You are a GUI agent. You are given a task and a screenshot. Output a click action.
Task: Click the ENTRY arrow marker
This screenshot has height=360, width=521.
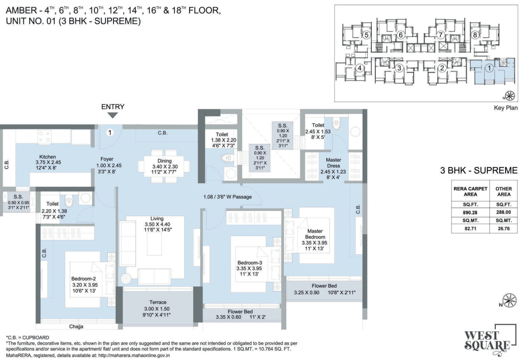click(x=113, y=115)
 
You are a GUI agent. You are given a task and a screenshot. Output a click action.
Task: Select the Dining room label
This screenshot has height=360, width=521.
click(x=164, y=161)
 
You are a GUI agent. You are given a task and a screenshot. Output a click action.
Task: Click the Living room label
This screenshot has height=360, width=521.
click(x=157, y=218)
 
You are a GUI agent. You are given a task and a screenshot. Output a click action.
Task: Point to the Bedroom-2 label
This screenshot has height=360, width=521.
click(x=84, y=279)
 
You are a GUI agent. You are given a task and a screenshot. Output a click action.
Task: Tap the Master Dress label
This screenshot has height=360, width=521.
click(x=334, y=160)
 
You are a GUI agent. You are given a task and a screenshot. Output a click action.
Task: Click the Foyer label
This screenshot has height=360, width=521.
click(x=106, y=159)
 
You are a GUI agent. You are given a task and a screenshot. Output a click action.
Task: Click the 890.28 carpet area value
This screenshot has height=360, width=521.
click(x=471, y=212)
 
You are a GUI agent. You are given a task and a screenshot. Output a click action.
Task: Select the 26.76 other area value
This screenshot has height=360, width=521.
click(x=504, y=229)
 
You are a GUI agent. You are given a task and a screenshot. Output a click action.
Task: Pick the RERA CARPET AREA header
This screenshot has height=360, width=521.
click(x=471, y=191)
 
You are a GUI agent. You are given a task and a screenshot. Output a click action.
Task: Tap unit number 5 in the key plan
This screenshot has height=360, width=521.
click(x=366, y=34)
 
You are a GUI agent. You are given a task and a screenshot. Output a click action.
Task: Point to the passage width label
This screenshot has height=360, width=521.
click(x=228, y=197)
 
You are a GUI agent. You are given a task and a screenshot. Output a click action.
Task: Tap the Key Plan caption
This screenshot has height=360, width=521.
click(x=506, y=108)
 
